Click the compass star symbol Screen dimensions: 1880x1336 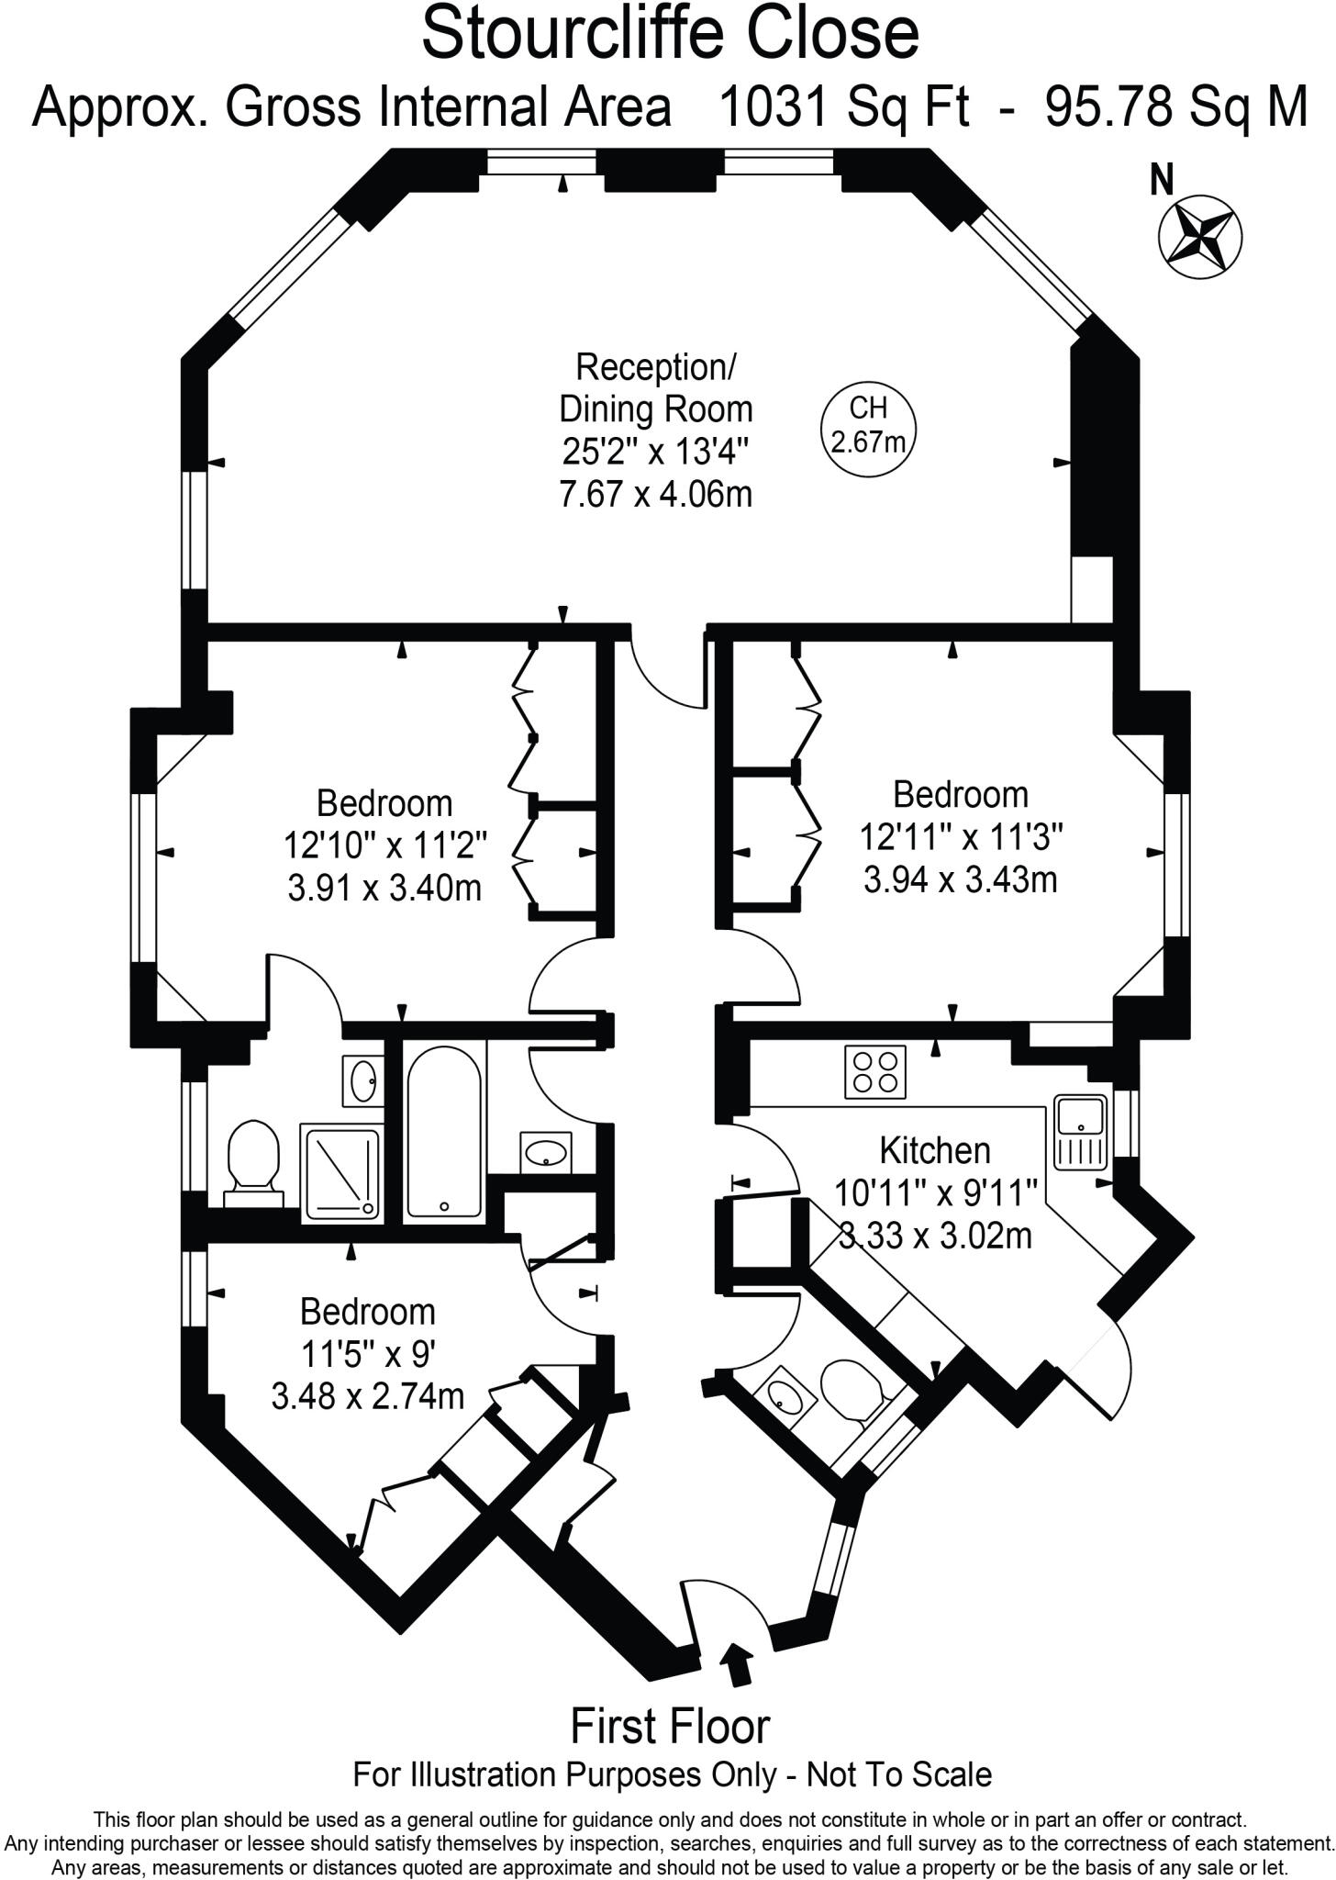(1201, 235)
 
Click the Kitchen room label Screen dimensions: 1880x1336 (934, 1149)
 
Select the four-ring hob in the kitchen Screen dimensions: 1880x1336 (874, 1071)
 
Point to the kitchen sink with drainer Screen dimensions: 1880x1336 (1081, 1132)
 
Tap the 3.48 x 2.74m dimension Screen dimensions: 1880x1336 (367, 1396)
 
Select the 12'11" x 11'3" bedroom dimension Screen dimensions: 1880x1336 (961, 836)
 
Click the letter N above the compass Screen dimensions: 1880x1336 (1162, 180)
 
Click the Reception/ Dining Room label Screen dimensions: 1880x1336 (655, 387)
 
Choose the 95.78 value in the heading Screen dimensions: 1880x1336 (1108, 108)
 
